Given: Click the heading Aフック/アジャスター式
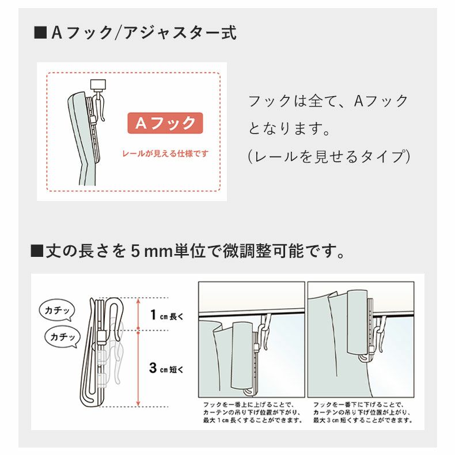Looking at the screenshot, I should coord(144,32).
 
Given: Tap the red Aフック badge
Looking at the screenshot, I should coord(165,123).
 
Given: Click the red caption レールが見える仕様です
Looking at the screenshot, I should coord(165,154).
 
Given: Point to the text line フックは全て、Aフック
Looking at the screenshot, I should coord(328,101).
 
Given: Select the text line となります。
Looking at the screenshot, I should coord(289,128).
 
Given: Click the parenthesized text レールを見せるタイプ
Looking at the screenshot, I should coord(328,156).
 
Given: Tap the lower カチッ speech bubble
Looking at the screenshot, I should coord(62,336).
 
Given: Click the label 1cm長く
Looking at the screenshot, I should coord(166,315).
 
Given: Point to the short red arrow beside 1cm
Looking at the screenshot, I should coord(138,314).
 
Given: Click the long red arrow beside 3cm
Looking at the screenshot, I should coord(138,369).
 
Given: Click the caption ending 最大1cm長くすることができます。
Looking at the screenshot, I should coord(252,412).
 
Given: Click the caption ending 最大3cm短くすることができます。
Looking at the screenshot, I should coord(363,412).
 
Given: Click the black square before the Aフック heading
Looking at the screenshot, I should coord(40,32).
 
